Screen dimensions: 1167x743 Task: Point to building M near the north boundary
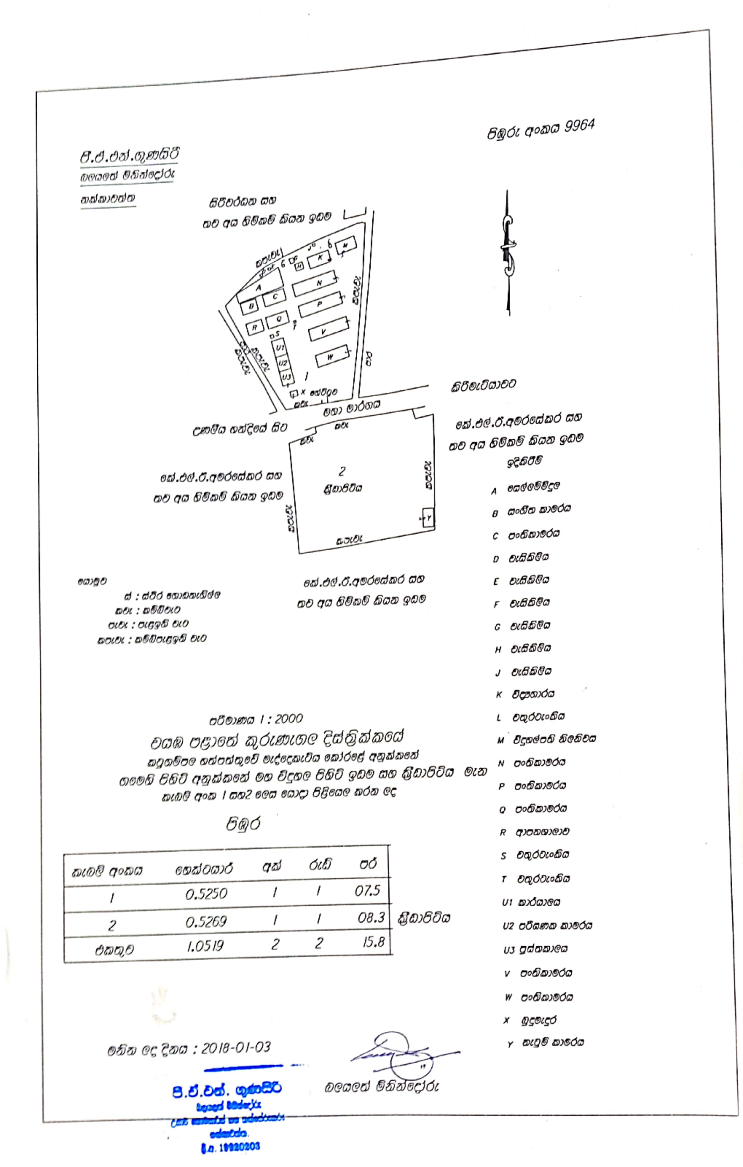[x=345, y=245]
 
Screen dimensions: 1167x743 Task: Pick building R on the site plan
[x=254, y=328]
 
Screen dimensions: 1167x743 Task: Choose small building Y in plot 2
[x=428, y=518]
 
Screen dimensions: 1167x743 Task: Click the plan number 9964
[x=579, y=126]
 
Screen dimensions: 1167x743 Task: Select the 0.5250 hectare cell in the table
[x=206, y=893]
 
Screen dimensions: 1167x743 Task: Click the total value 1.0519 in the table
[x=205, y=946]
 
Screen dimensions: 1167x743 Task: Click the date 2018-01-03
[x=236, y=1048]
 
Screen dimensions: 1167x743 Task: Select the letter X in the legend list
[x=506, y=1020]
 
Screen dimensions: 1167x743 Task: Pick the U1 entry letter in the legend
[x=507, y=902]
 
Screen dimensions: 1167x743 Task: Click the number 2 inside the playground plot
[x=342, y=471]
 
